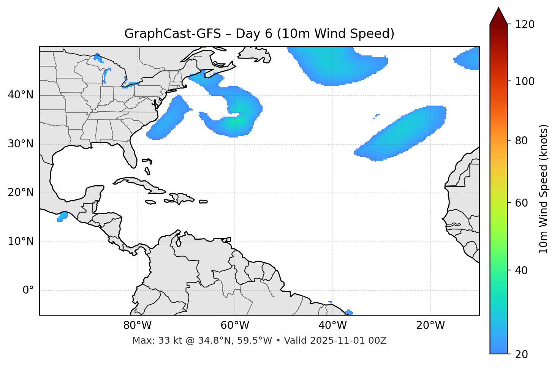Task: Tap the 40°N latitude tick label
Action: tap(21, 95)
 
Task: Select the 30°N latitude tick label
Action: tap(21, 144)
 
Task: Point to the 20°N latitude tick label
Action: tap(21, 193)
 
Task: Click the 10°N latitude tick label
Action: tap(21, 242)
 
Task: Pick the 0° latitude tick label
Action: tap(28, 291)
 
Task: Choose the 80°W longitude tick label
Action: tap(137, 325)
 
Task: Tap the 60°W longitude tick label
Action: tap(235, 325)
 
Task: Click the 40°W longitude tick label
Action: tap(332, 325)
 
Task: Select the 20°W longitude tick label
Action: tap(430, 325)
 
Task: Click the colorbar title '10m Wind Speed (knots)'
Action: tap(544, 189)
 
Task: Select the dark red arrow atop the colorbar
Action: tap(498, 16)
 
